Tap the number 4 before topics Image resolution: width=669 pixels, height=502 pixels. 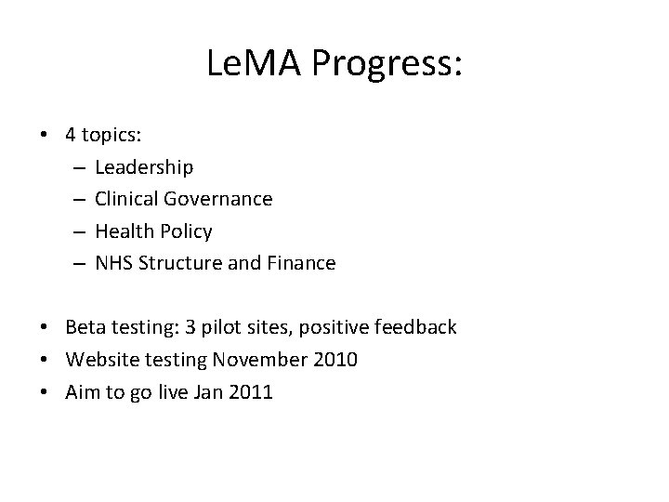(x=71, y=135)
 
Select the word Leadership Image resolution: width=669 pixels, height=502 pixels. (x=144, y=167)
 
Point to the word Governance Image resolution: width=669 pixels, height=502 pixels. (x=217, y=199)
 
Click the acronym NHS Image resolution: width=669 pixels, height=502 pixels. (x=113, y=263)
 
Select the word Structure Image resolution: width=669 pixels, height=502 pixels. (x=180, y=263)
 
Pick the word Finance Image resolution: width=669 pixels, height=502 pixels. (x=301, y=263)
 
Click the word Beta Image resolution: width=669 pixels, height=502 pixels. (x=85, y=327)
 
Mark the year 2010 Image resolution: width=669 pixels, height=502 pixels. (x=334, y=360)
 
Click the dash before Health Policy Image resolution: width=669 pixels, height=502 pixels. (x=75, y=231)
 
